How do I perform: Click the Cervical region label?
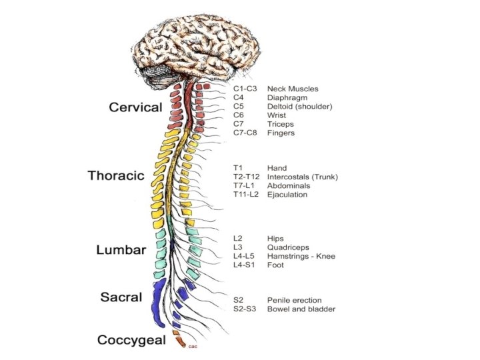point(135,107)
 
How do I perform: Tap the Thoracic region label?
point(116,176)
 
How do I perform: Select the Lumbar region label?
point(121,250)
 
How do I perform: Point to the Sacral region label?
point(121,297)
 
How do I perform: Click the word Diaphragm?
point(287,97)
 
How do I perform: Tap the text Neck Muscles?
point(293,89)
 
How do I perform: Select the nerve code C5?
point(239,106)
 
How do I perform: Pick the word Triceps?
point(281,124)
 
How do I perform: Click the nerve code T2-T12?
point(246,177)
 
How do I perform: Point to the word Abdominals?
point(289,186)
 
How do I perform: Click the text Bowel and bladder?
point(301,309)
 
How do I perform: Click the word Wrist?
point(277,115)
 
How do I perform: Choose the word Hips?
point(276,238)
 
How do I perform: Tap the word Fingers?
point(281,133)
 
